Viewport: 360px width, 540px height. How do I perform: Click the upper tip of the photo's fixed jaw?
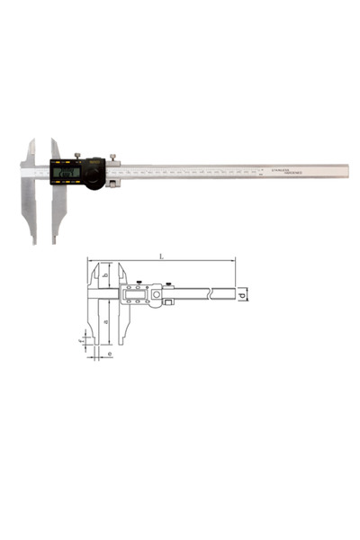coord(33,140)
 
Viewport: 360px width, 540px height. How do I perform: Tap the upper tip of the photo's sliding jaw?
coord(53,140)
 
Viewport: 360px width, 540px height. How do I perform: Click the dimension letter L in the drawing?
coord(160,256)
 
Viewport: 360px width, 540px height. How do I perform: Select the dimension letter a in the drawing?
coord(106,320)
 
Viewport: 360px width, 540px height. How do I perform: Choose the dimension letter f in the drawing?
coord(82,342)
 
